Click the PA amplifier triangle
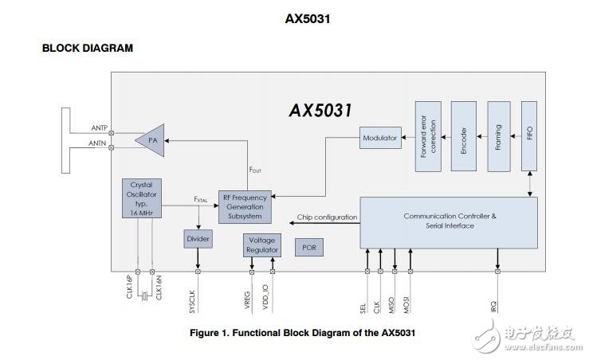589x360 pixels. click(x=151, y=140)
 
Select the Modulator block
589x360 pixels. click(x=379, y=138)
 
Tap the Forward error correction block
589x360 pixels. click(x=428, y=136)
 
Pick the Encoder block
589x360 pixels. click(x=463, y=136)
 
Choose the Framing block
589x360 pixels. click(x=498, y=136)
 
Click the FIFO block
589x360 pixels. click(x=530, y=136)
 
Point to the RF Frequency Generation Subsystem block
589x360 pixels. click(x=247, y=206)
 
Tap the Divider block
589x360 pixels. click(x=198, y=239)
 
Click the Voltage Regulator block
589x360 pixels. click(x=261, y=245)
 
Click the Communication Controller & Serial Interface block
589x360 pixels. click(x=449, y=221)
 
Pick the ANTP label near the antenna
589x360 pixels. click(x=100, y=127)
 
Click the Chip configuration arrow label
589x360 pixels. click(x=327, y=217)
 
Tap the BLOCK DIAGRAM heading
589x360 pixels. click(x=87, y=48)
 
